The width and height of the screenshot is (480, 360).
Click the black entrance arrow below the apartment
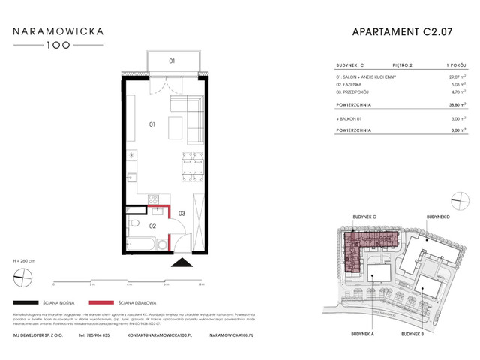181,262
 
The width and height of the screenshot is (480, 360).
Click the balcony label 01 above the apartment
172,61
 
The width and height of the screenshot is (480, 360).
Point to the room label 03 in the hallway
181,214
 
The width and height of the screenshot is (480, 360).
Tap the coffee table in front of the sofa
174,126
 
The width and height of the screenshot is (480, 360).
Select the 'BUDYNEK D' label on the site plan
439,217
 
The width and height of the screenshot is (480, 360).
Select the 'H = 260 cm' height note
25,259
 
